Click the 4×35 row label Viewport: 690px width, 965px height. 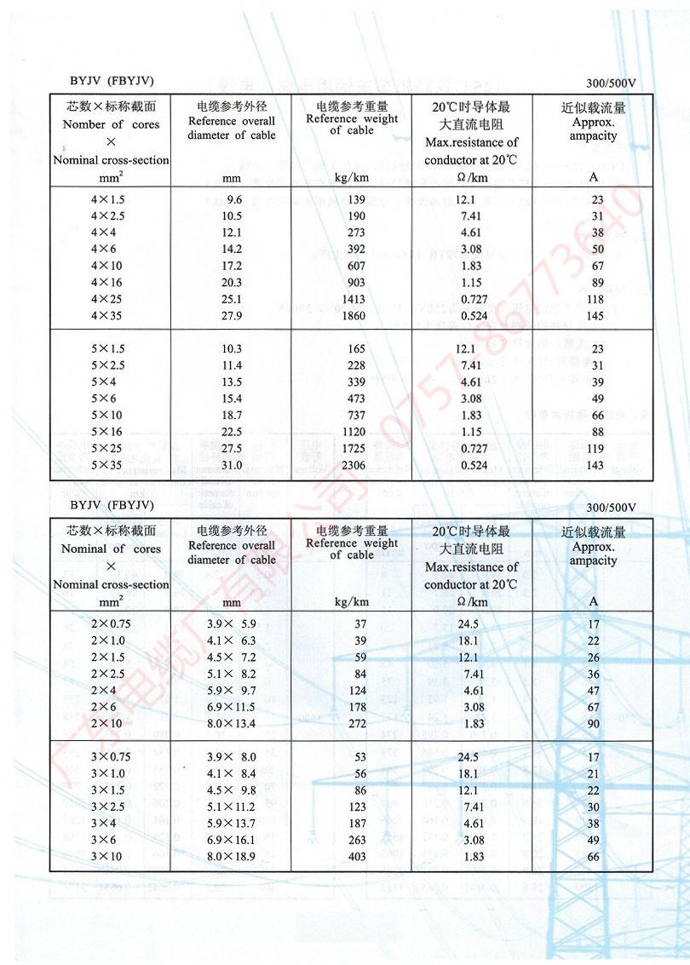pos(108,316)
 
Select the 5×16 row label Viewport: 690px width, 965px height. pos(108,431)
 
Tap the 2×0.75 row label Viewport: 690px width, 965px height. pos(111,623)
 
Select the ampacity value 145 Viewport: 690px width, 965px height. pos(595,316)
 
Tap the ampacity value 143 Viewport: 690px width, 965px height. pos(595,465)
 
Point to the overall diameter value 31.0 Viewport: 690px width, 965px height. pos(233,465)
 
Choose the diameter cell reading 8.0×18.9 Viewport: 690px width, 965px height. pos(232,856)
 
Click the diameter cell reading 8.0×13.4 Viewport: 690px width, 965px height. pos(232,724)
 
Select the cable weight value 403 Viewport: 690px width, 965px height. pos(357,856)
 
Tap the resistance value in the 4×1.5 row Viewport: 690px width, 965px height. pos(465,199)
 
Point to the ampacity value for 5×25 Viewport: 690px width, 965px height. pos(595,448)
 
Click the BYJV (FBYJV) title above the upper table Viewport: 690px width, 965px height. pos(112,81)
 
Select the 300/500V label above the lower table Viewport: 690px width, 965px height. pos(612,508)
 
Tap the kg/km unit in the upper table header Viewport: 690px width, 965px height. pos(352,178)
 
